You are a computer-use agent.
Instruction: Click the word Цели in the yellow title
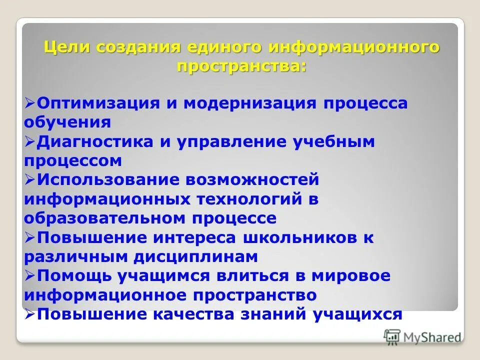pos(66,48)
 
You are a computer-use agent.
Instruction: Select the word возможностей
pos(252,179)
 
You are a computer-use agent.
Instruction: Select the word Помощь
pos(73,275)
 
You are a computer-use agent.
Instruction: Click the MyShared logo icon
pos(392,336)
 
